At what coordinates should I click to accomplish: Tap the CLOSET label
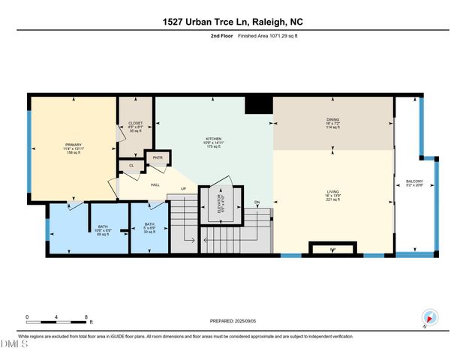coord(135,123)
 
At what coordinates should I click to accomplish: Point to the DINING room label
coord(332,118)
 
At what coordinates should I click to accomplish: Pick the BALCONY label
coord(414,181)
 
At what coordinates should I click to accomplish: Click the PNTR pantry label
coord(158,157)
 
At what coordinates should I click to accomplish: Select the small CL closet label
coord(131,165)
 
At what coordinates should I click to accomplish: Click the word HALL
coord(155,184)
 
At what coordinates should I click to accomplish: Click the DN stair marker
coord(257,202)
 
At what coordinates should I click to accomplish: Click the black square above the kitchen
coord(260,103)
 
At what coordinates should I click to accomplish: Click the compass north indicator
coord(428,316)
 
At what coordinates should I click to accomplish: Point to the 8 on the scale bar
coord(87,316)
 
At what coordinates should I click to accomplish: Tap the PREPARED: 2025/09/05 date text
coord(233,321)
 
